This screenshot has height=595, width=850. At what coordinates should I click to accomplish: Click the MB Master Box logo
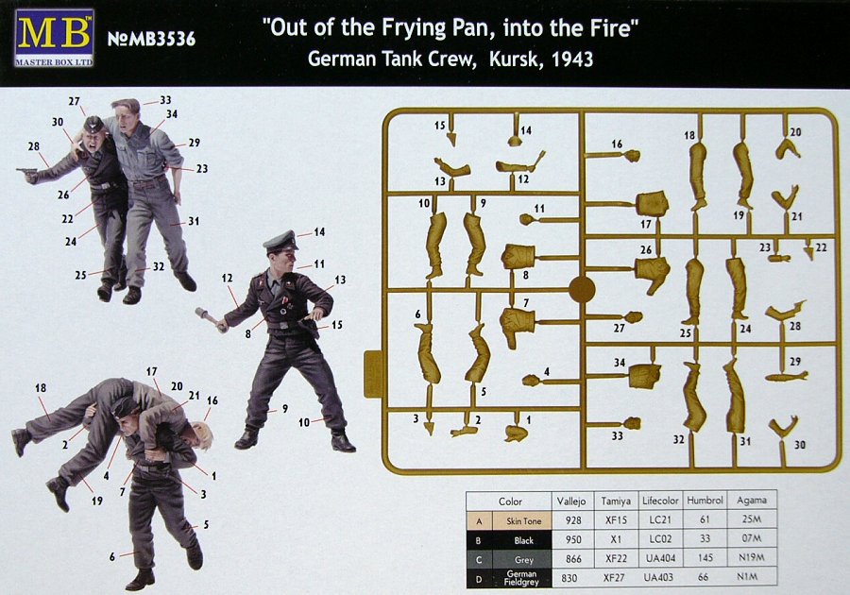54,38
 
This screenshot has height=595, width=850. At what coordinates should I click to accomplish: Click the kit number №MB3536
151,39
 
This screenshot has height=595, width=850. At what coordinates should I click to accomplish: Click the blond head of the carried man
199,432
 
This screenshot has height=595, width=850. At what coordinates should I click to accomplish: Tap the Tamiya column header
615,501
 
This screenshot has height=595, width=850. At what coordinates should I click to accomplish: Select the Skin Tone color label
523,521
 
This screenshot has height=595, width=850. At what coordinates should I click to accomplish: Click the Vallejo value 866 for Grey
573,558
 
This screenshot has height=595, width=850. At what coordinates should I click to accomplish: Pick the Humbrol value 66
703,577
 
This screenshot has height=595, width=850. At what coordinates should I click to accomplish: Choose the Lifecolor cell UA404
658,558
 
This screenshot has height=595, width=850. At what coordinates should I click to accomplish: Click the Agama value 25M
752,519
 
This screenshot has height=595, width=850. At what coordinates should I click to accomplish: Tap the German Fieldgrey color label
521,578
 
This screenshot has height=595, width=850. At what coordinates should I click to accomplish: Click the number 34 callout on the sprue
620,362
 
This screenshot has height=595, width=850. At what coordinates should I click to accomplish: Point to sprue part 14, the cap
514,141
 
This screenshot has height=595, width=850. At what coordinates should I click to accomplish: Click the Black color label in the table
523,540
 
